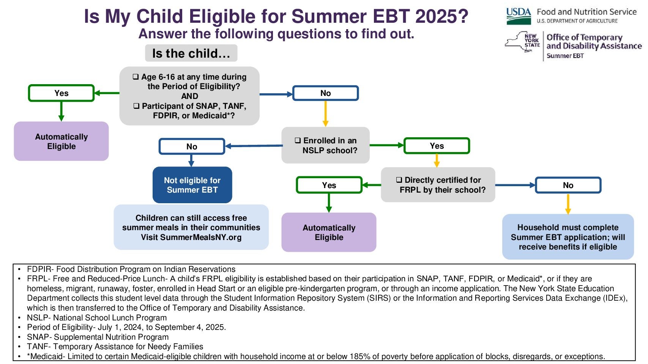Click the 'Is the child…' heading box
tap(191, 53)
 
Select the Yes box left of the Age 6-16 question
tap(61, 93)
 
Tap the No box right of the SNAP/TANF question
tap(325, 93)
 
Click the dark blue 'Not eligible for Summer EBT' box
tap(192, 185)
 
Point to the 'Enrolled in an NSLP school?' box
tap(325, 145)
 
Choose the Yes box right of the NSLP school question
tap(437, 146)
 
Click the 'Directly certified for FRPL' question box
tap(438, 185)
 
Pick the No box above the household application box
tap(568, 185)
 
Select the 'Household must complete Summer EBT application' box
tap(568, 237)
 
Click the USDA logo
tap(519, 16)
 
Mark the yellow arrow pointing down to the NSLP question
tap(325, 114)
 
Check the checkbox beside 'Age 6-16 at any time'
tap(136, 77)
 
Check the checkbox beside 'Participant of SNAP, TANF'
tap(136, 106)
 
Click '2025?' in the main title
tap(442, 16)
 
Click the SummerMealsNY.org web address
tap(201, 237)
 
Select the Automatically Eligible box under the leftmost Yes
tap(61, 141)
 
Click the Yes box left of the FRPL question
tap(329, 185)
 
